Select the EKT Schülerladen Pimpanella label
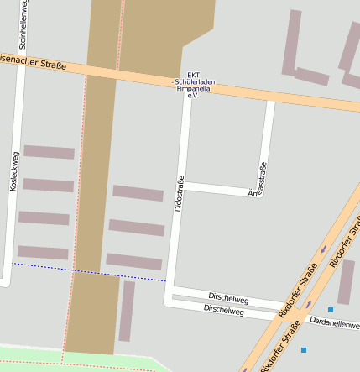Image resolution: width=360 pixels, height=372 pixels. click(x=192, y=84)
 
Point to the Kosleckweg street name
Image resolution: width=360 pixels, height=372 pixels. click(x=13, y=172)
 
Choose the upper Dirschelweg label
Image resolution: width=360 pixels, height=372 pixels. click(x=228, y=298)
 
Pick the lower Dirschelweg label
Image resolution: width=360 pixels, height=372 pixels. click(x=223, y=311)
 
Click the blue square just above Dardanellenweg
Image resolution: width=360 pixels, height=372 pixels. click(x=331, y=310)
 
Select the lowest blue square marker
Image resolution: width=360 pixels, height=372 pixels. click(x=304, y=349)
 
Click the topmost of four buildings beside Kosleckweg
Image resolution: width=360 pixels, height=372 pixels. click(x=49, y=152)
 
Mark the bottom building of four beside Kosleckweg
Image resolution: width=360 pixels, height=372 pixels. click(x=43, y=252)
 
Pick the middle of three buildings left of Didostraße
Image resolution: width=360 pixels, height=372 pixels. click(x=137, y=228)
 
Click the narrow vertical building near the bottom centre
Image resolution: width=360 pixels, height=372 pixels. click(x=127, y=311)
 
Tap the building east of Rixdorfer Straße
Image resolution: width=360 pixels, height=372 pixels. click(x=346, y=281)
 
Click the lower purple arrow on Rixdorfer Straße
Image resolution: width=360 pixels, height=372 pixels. click(x=309, y=303)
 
